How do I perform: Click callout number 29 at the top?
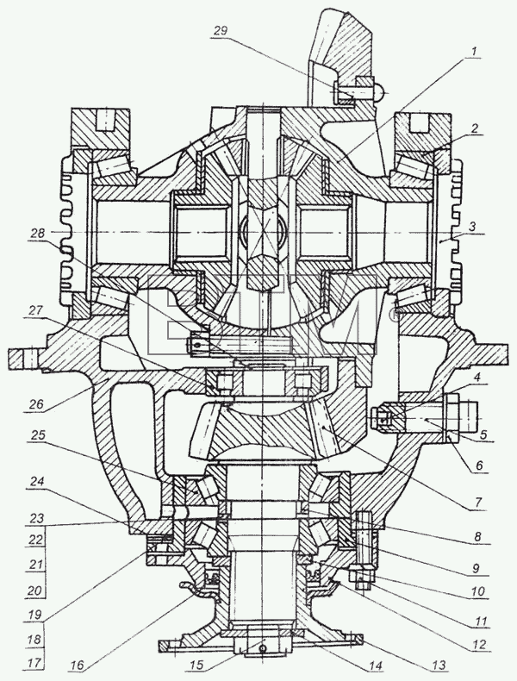coord(221,31)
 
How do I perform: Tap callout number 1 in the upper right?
coord(474,51)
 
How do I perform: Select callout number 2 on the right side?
coord(475,128)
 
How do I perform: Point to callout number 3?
coord(472,226)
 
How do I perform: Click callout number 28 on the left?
coord(37,234)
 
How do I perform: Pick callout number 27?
coord(35,310)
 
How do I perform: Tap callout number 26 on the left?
coord(36,404)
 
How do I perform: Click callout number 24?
coord(36,482)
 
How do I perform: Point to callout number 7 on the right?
coord(477,503)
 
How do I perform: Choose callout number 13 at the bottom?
coord(439,664)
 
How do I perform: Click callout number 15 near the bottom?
coord(196,665)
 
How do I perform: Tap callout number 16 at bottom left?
coord(79,665)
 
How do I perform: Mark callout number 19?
coord(34,615)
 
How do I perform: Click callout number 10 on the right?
coord(477,591)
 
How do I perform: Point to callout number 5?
coord(483,434)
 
